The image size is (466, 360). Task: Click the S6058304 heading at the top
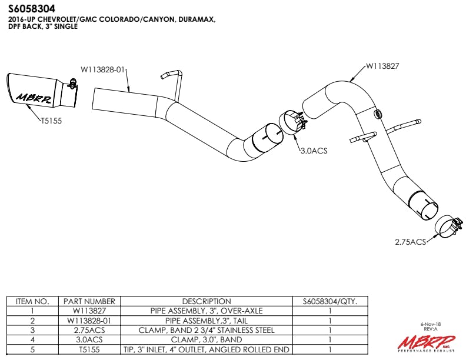pyautogui.click(x=32, y=9)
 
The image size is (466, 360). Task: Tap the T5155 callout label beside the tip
pyautogui.click(x=51, y=121)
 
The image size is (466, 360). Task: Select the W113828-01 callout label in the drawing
pyautogui.click(x=103, y=69)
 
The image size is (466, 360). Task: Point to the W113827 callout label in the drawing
pyautogui.click(x=382, y=66)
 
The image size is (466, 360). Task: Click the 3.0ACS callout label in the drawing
pyautogui.click(x=313, y=151)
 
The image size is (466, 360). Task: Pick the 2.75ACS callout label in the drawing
pyautogui.click(x=410, y=242)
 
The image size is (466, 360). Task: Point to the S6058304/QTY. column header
pyautogui.click(x=329, y=301)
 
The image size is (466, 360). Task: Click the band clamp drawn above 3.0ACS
pyautogui.click(x=293, y=123)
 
